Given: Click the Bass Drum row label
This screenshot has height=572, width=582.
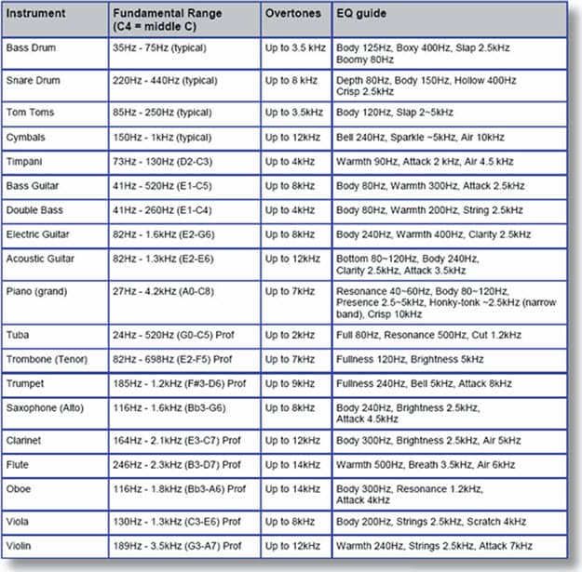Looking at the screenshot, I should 30,47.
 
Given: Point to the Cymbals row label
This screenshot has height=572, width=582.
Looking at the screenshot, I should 27,137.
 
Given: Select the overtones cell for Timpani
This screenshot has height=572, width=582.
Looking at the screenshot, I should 290,162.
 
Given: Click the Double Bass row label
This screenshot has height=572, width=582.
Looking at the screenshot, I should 34,211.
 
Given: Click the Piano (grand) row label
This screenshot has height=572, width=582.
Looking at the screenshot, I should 36,292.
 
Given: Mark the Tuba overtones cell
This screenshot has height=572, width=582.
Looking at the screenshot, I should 290,334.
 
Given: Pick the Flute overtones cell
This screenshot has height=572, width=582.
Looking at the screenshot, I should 292,464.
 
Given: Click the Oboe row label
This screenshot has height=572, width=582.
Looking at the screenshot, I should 20,488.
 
